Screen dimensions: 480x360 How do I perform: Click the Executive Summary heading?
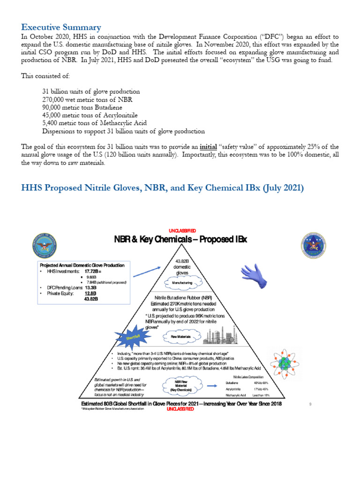pos(61,27)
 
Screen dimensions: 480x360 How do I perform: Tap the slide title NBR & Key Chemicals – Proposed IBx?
pos(180,240)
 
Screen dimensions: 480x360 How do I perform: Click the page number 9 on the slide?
pos(310,404)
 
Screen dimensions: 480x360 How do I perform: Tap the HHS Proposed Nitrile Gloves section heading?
pos(163,188)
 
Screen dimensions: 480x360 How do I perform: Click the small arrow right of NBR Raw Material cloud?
pos(212,386)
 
